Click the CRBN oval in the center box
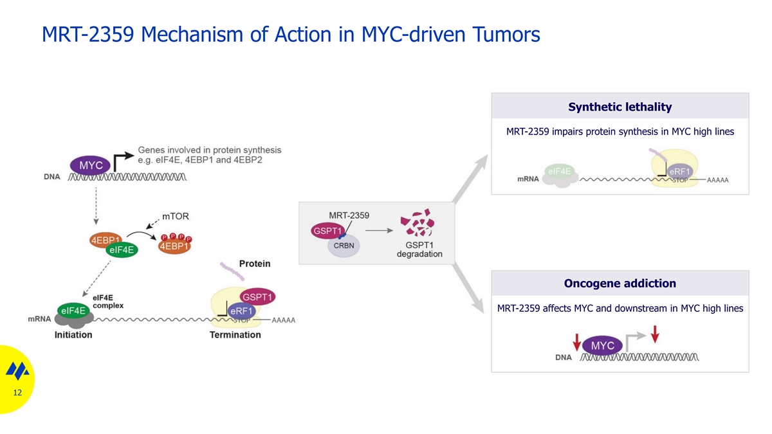point(344,246)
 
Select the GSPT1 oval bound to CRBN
point(327,231)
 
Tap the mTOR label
point(176,216)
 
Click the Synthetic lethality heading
point(620,107)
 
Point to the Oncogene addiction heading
point(620,283)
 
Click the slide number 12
point(17,393)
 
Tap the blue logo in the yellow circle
point(17,370)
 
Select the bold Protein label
point(255,264)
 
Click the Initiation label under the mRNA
point(73,335)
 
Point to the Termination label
point(235,335)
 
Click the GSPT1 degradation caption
point(419,249)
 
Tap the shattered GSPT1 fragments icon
point(418,222)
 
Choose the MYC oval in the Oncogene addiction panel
point(602,345)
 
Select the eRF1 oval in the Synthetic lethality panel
point(679,172)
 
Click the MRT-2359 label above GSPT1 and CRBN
point(349,215)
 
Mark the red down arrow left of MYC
point(576,342)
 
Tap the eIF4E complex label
point(108,302)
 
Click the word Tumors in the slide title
point(506,34)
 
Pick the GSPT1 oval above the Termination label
point(257,297)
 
